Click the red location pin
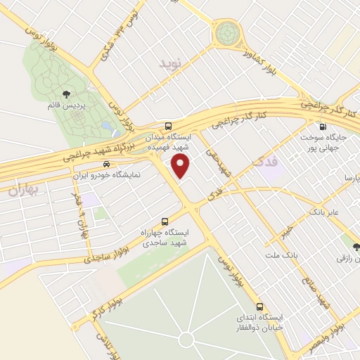[x=181, y=166]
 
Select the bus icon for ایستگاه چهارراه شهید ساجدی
[x=165, y=221]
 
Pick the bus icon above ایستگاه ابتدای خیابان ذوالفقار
[x=259, y=307]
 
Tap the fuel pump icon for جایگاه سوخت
[x=322, y=127]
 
